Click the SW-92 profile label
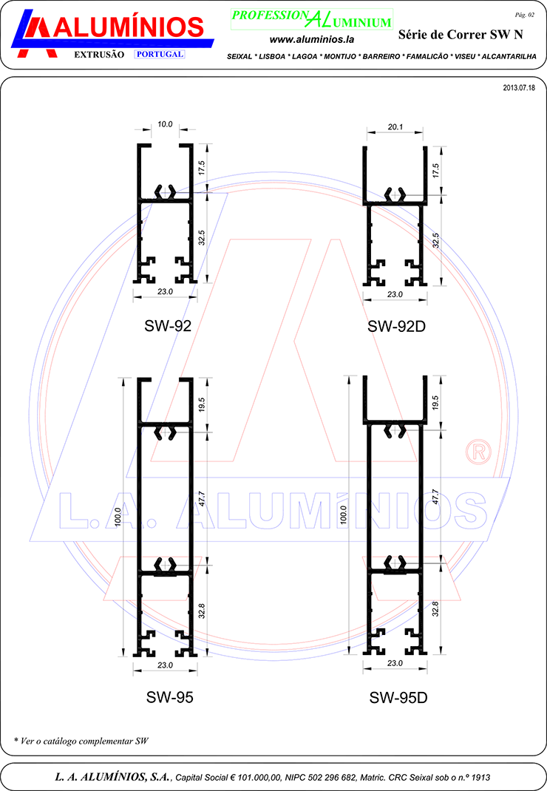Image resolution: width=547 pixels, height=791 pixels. (168, 326)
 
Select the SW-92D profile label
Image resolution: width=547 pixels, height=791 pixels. (397, 327)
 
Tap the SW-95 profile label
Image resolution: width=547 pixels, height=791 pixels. (169, 697)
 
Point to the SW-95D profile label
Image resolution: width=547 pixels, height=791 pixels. (398, 698)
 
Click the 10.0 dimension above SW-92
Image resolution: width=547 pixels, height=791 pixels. (165, 124)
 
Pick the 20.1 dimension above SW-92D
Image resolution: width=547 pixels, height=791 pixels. (395, 127)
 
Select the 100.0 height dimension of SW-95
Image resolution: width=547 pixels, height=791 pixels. (118, 517)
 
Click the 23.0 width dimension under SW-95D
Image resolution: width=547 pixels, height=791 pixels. (395, 663)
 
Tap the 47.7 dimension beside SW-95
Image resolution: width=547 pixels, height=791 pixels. (202, 499)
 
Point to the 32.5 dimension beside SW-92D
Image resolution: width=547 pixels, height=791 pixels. (436, 241)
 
